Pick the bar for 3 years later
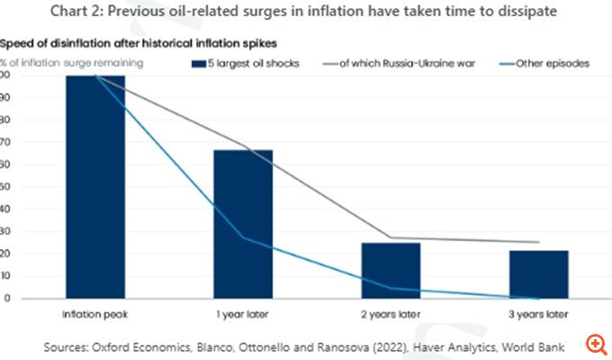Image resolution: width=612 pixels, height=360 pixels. click(538, 274)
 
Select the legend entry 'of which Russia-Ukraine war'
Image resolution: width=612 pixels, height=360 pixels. click(407, 64)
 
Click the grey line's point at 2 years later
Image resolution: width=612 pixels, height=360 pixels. click(390, 238)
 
